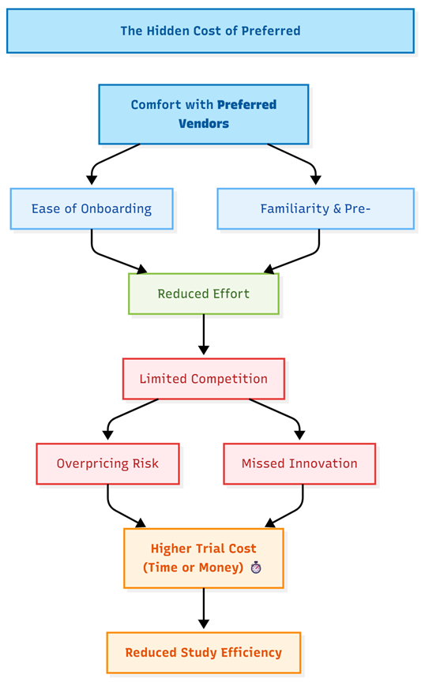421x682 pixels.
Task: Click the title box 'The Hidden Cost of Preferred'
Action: (210, 31)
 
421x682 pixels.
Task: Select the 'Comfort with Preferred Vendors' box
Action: (204, 114)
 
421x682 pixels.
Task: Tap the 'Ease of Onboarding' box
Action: (92, 208)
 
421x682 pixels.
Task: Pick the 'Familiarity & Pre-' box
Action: (316, 208)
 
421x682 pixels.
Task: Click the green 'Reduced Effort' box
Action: (204, 294)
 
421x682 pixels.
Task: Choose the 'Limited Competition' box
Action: (204, 379)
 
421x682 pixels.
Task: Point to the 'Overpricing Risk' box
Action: (107, 463)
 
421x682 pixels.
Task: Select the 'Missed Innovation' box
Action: (299, 463)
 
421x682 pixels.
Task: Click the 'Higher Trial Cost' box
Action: (204, 558)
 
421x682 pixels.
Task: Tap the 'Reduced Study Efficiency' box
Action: (204, 653)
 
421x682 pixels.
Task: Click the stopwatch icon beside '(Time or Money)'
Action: (256, 568)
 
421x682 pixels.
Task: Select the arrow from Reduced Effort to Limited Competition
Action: (204, 335)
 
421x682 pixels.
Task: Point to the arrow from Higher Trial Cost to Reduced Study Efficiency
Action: (204, 609)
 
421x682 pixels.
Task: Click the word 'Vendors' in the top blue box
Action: (204, 123)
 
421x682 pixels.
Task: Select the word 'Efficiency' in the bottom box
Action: (251, 653)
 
